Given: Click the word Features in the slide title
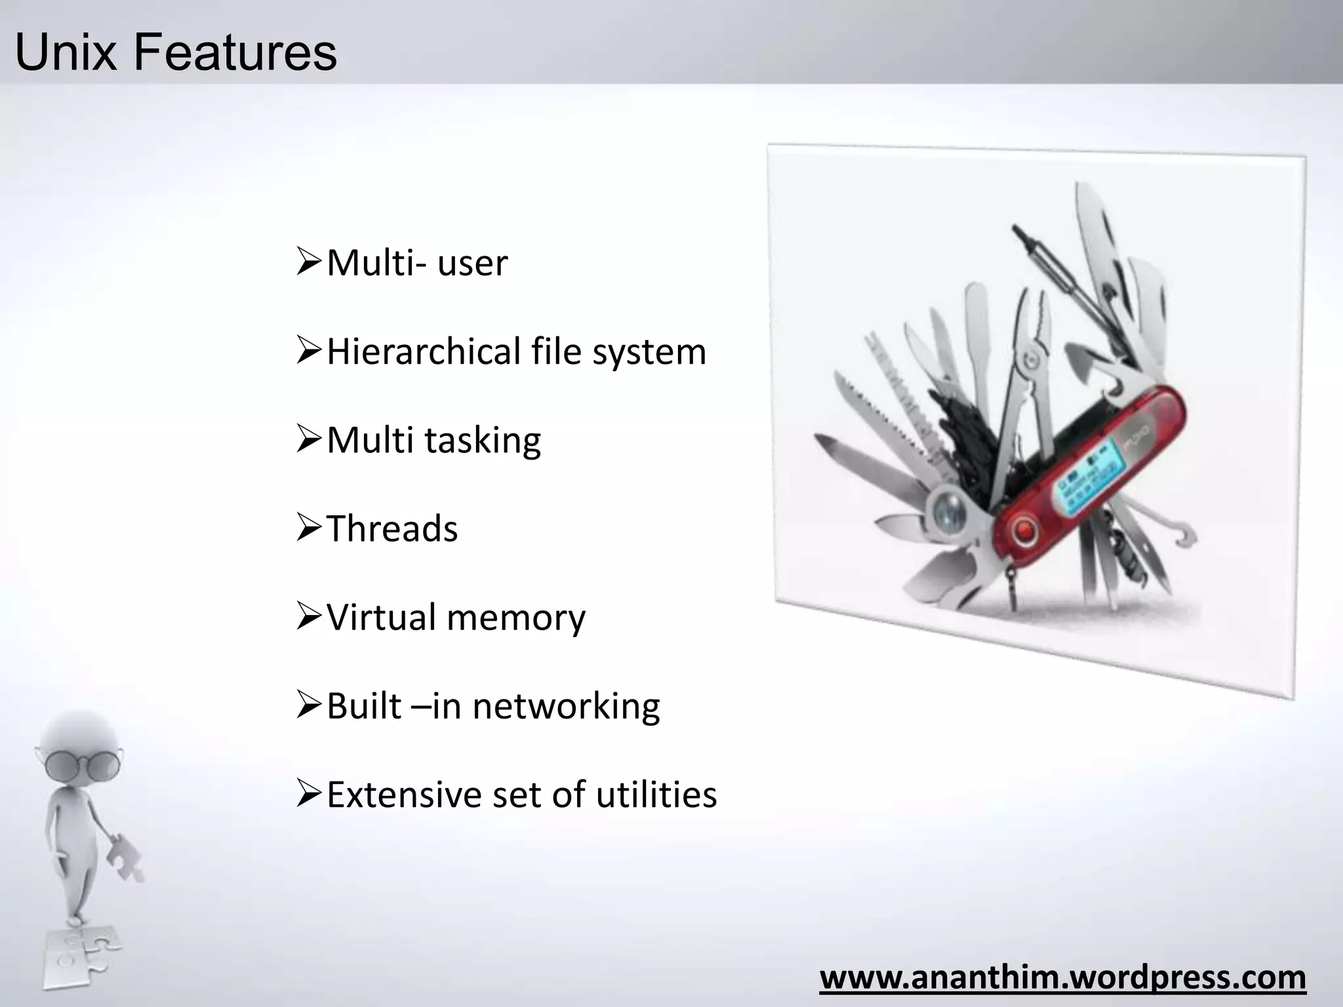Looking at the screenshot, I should (x=236, y=52).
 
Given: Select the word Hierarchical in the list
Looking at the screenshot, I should (x=424, y=351).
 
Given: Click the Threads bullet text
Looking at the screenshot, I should (x=392, y=528).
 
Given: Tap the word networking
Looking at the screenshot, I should (x=566, y=707).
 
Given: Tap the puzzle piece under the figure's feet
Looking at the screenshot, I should (x=82, y=957).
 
